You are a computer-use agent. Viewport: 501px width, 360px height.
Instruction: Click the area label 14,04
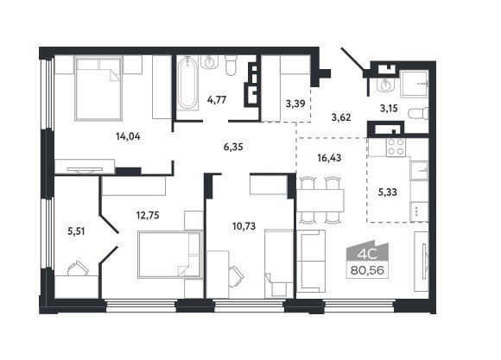click(128, 136)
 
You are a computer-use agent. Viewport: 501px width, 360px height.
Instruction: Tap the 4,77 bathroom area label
click(217, 100)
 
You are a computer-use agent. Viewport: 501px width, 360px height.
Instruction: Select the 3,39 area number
click(295, 104)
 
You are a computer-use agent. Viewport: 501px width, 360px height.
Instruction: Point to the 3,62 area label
click(341, 117)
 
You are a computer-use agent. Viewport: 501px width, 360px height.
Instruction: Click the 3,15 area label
click(389, 109)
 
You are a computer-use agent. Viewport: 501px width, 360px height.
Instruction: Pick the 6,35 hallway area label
click(233, 147)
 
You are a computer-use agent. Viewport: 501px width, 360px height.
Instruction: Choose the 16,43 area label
click(329, 157)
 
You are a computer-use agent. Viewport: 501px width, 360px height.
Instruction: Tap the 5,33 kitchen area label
click(387, 192)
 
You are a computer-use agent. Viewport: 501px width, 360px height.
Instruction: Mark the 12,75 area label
click(148, 215)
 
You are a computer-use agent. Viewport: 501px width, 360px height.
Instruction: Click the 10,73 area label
click(244, 226)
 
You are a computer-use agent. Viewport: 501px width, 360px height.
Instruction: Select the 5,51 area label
click(76, 231)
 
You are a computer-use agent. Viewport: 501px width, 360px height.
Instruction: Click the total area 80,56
click(367, 271)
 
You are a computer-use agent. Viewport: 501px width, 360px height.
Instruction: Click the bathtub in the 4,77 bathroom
click(187, 83)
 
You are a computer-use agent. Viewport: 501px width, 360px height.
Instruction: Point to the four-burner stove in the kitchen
click(396, 148)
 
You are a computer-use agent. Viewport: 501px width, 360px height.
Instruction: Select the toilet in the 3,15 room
click(418, 113)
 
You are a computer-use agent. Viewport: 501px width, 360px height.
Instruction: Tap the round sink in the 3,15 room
click(385, 85)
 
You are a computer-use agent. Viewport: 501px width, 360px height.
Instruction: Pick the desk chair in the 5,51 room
click(78, 268)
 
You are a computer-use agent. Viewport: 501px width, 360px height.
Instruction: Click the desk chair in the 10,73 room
click(236, 274)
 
